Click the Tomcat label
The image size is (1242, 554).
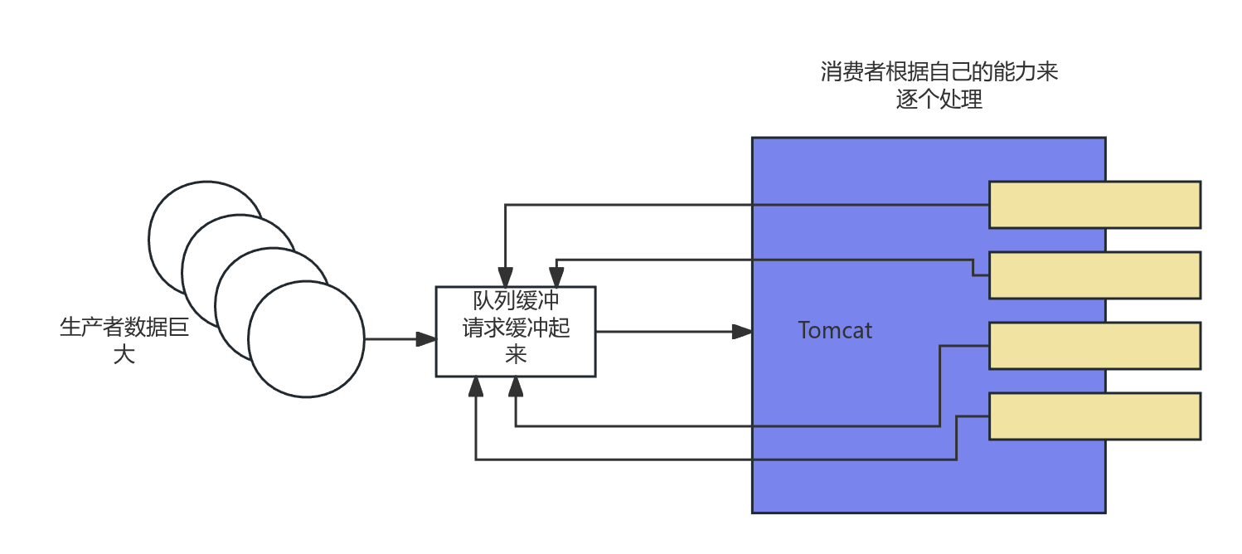[x=835, y=330]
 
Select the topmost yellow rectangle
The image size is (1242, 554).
[x=1094, y=205]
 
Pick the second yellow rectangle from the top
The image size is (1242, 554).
[x=1094, y=275]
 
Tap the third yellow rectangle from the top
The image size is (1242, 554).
[x=1094, y=346]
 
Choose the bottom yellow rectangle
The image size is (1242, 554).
[x=1094, y=416]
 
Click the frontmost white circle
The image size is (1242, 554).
[x=306, y=338]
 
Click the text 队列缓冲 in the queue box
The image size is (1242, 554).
[x=516, y=301]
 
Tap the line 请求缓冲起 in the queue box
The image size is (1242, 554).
[x=516, y=328]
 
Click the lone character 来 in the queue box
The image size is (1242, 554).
[x=516, y=354]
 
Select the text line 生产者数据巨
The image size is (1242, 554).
[x=124, y=328]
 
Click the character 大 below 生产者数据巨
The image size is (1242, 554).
[x=124, y=355]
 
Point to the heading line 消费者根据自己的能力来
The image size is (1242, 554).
[x=939, y=71]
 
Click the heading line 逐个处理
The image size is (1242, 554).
[x=939, y=100]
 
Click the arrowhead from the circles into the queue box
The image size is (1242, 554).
[x=428, y=338]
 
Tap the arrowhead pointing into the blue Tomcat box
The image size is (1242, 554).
[x=743, y=332]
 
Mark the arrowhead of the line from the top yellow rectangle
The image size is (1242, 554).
[x=505, y=279]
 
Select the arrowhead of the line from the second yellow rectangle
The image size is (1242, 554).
[x=556, y=279]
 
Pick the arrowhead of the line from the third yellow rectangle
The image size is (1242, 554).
[x=516, y=384]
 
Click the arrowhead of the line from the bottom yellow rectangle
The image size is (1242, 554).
[x=476, y=384]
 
